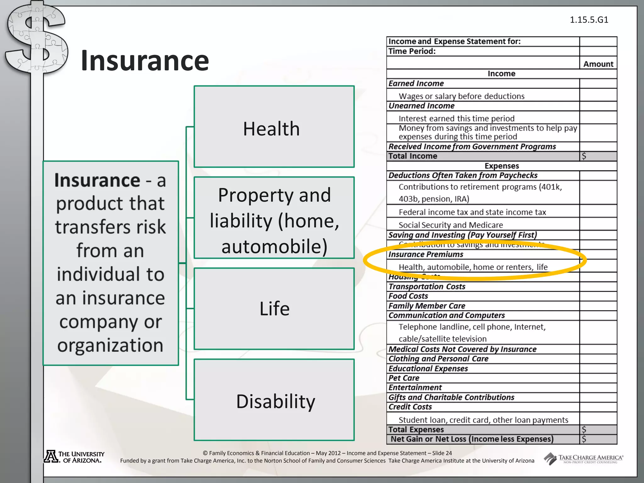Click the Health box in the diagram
click(x=274, y=127)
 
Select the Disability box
click(x=274, y=400)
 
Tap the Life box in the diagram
click(x=274, y=308)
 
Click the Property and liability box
click(x=274, y=218)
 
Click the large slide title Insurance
click(x=145, y=61)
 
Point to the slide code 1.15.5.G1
click(x=589, y=20)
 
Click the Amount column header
click(x=598, y=64)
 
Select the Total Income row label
click(x=413, y=156)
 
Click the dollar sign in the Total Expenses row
click(x=584, y=430)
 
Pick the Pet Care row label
click(x=404, y=378)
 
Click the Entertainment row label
click(x=415, y=387)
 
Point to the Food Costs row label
click(x=408, y=296)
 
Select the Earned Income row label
click(x=416, y=83)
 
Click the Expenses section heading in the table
click(x=502, y=166)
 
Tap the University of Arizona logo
click(x=74, y=457)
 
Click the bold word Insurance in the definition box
click(x=97, y=180)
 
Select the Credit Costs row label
click(x=410, y=407)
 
